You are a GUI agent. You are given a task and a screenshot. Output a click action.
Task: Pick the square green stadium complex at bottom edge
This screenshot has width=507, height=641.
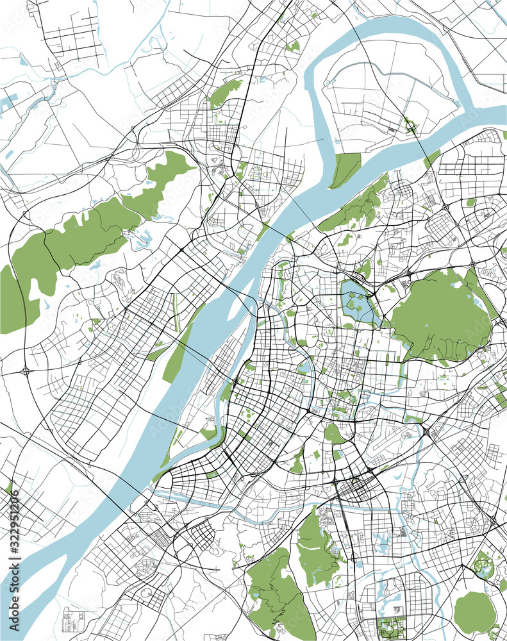[390, 628]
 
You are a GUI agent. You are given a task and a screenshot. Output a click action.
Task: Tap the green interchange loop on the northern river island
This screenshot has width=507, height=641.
[410, 125]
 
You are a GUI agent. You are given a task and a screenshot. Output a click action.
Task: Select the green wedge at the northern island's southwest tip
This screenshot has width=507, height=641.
[345, 170]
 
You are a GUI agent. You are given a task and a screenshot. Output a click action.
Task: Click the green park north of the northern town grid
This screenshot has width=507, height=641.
[224, 93]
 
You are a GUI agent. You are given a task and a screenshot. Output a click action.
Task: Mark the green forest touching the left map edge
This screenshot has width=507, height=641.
[13, 301]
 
